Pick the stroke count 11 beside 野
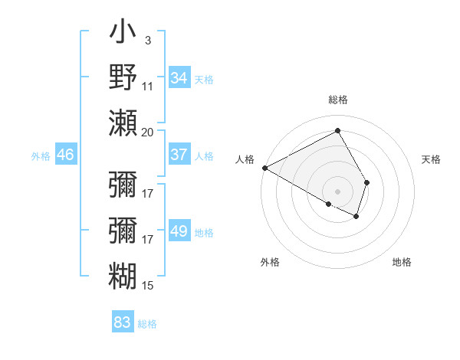[x=148, y=87]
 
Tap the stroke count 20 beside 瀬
[x=148, y=133]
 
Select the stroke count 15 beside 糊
[x=148, y=286]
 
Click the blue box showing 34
[x=179, y=78]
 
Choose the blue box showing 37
[x=179, y=155]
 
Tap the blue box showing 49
[x=179, y=232]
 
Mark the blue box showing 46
[x=66, y=155]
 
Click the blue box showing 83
[x=123, y=322]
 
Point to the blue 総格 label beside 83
[x=147, y=324]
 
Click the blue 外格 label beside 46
[x=41, y=156]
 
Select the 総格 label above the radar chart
[x=337, y=100]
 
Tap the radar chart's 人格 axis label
[x=245, y=159]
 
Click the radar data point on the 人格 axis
[x=264, y=168]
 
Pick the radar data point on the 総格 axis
[x=337, y=131]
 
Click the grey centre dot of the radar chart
[x=337, y=191]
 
